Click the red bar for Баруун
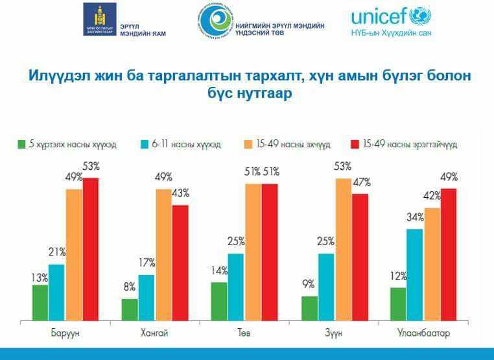point(91,249)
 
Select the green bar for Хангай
point(130,309)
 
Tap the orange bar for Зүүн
point(344,249)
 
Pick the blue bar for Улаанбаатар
point(415,274)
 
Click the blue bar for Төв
point(236,287)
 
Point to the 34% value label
point(415,217)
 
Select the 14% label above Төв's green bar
point(218,271)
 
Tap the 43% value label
point(180,193)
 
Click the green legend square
point(21,144)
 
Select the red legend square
point(355,144)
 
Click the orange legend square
point(248,144)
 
